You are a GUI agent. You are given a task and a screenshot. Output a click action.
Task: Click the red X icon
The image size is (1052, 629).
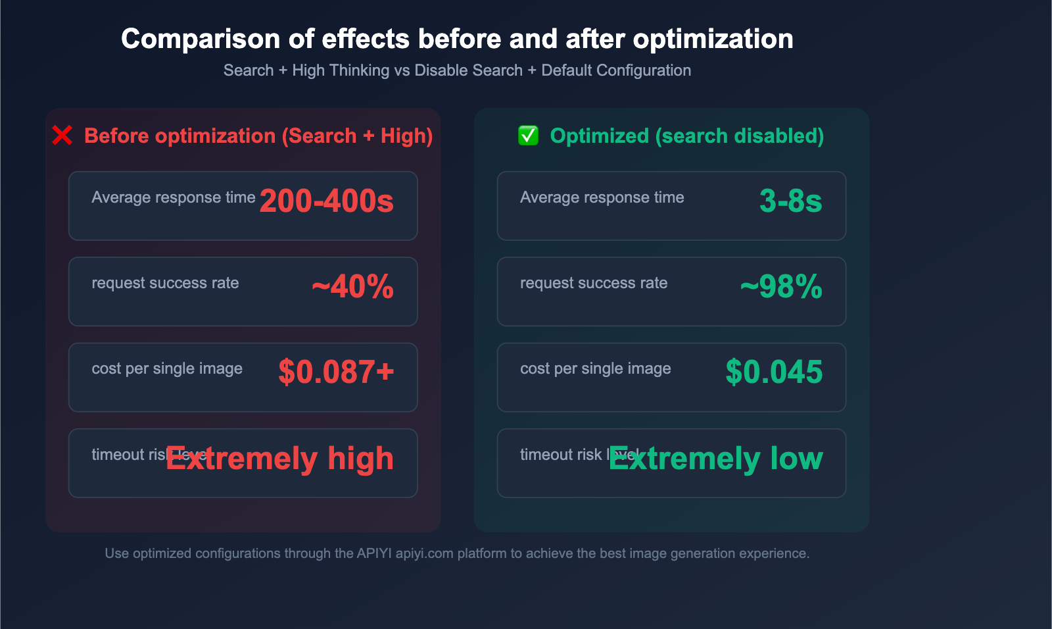(x=62, y=136)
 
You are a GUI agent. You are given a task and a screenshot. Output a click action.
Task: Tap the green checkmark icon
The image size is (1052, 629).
(x=528, y=136)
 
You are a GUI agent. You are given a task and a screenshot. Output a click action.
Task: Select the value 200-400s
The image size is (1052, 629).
(x=326, y=201)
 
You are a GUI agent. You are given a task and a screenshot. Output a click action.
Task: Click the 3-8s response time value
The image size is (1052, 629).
(x=790, y=201)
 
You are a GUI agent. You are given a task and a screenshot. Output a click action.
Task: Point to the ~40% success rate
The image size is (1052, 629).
(x=352, y=287)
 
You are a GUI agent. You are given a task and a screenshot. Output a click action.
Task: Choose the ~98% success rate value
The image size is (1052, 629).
(x=781, y=287)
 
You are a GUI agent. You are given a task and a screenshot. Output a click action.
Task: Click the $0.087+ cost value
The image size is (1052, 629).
(x=336, y=372)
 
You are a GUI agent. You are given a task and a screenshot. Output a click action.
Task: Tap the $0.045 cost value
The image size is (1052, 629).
(x=774, y=372)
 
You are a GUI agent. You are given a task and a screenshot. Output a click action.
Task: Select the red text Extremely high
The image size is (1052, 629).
(x=280, y=459)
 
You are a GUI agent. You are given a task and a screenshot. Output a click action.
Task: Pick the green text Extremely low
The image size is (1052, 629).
(x=715, y=459)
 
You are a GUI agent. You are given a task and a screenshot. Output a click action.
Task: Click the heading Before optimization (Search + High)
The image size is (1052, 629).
(x=258, y=136)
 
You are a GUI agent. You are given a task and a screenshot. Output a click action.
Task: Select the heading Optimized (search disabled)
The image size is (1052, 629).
(x=686, y=136)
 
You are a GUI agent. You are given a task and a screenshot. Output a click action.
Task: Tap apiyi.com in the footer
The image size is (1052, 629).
(x=425, y=553)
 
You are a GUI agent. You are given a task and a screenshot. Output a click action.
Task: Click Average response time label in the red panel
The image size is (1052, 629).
(x=174, y=197)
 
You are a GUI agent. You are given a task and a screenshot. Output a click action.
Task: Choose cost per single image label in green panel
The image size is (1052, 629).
(x=595, y=368)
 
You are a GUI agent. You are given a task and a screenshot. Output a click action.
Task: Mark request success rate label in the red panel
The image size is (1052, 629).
(x=165, y=283)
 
